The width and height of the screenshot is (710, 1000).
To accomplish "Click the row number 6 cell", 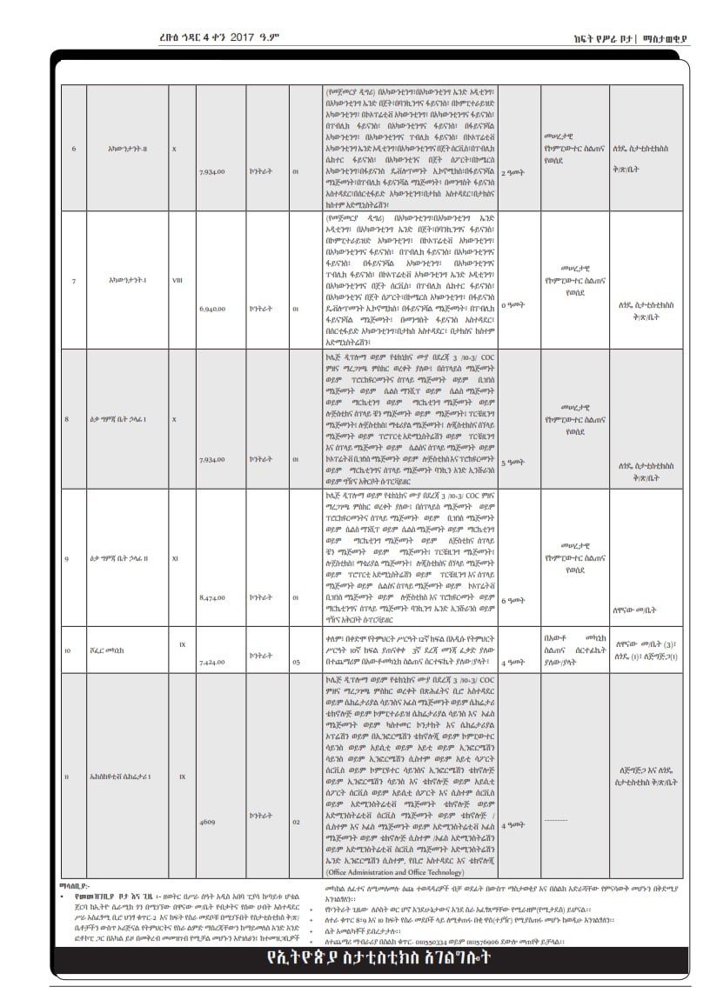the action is click(73, 148).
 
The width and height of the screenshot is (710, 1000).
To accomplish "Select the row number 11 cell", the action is click(67, 776).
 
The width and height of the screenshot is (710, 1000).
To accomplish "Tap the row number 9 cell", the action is click(67, 557).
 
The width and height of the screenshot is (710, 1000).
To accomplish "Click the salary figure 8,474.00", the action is click(212, 597).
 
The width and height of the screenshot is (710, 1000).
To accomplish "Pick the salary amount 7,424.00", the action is click(212, 662).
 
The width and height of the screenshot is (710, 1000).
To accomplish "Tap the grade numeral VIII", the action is click(177, 281).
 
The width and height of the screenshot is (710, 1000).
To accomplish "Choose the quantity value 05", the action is click(295, 662).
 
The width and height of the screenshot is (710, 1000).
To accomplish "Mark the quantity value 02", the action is click(295, 820).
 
